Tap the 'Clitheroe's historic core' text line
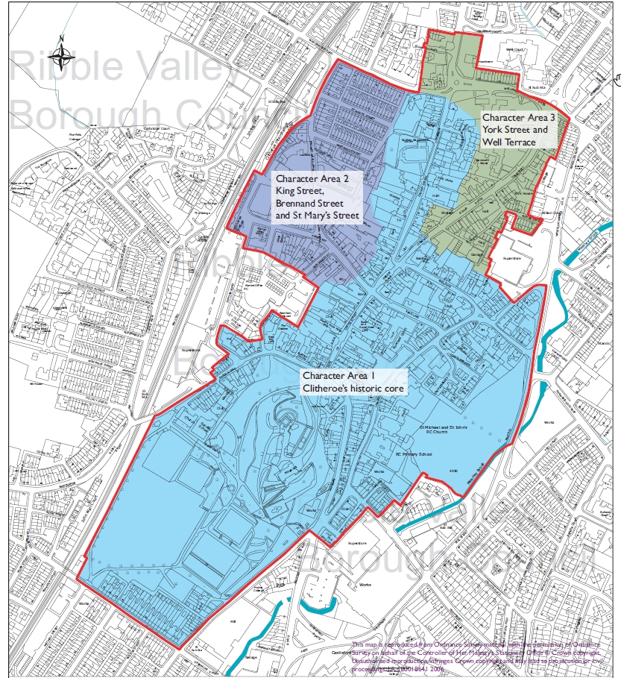click(353, 389)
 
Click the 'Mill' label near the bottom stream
click(233, 621)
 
